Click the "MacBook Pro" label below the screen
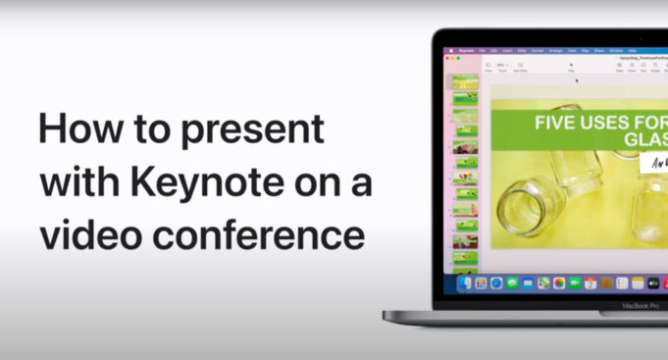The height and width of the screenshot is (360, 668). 642,305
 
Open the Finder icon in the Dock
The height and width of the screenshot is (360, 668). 465,283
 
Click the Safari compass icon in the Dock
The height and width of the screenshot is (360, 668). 496,283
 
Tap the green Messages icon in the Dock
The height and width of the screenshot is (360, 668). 512,283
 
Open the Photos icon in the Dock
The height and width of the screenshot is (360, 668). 559,283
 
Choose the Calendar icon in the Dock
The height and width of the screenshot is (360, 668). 591,283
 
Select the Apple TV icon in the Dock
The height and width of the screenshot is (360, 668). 653,283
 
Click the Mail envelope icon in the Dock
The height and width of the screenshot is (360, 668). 528,283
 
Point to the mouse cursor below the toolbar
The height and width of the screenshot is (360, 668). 576,80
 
